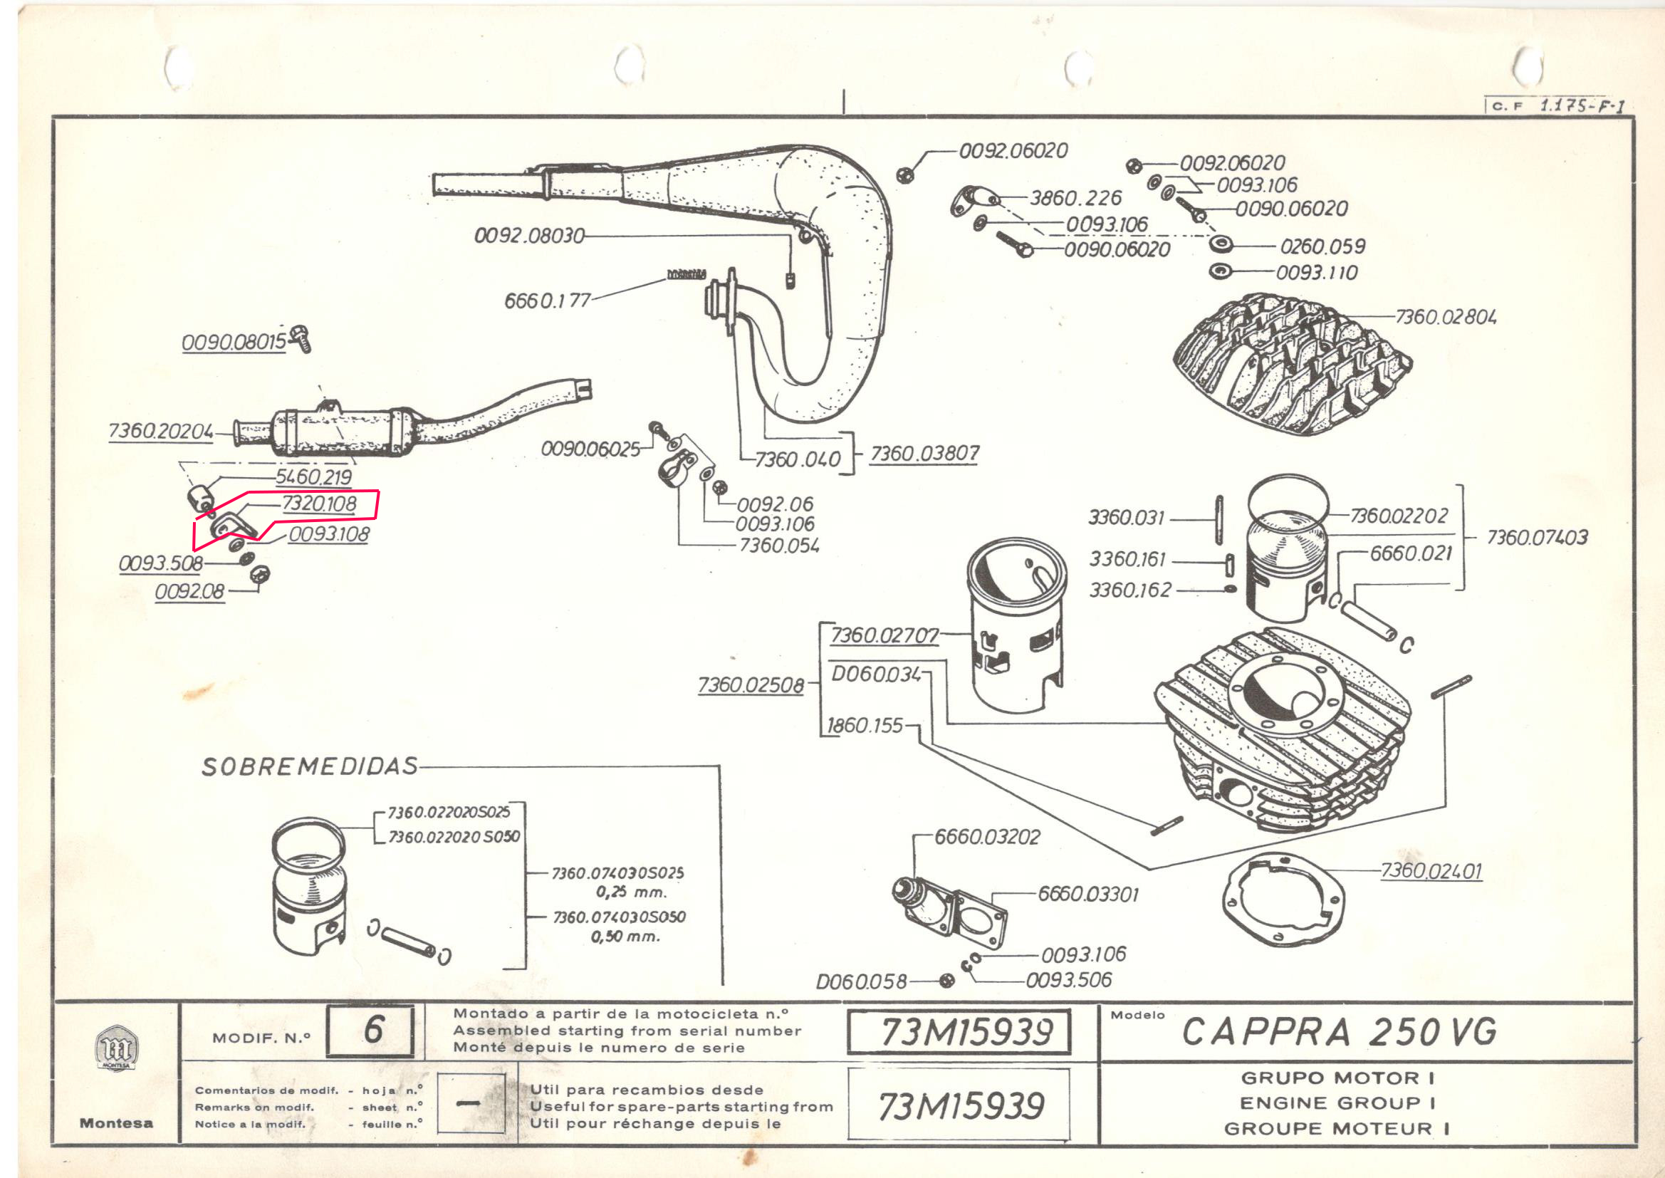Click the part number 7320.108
coord(319,504)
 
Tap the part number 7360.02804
coord(1445,317)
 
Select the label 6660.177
coord(548,301)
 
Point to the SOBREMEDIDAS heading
coord(310,767)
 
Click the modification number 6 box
coord(370,1030)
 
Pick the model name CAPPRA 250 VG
coord(1339,1031)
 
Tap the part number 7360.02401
coord(1431,870)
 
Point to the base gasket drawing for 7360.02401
coord(1283,900)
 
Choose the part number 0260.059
coord(1322,246)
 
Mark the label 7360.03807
coord(924,454)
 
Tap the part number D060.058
coord(861,981)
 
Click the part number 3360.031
coord(1126,518)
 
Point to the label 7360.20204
coord(160,431)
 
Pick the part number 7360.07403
coord(1537,538)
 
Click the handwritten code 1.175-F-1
coord(1581,105)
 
